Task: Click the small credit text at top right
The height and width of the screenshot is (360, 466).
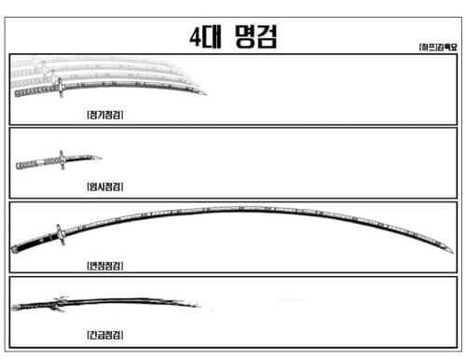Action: click(x=437, y=46)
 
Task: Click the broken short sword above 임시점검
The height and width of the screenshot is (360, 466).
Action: click(x=56, y=160)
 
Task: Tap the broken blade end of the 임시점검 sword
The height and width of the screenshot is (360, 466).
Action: click(x=97, y=155)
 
